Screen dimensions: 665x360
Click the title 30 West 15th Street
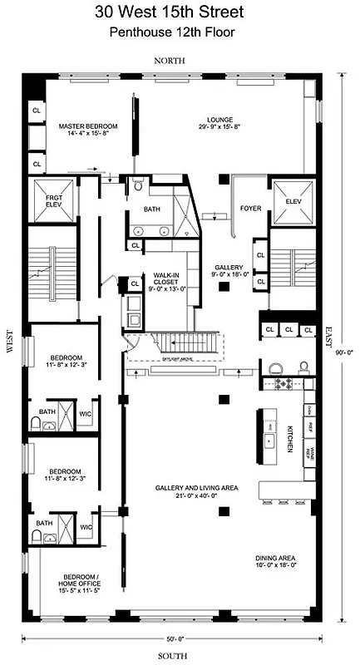tap(180, 12)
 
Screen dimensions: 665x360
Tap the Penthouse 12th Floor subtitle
tap(180, 32)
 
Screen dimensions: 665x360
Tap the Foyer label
tap(250, 208)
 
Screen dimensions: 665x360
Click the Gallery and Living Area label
tap(196, 491)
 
